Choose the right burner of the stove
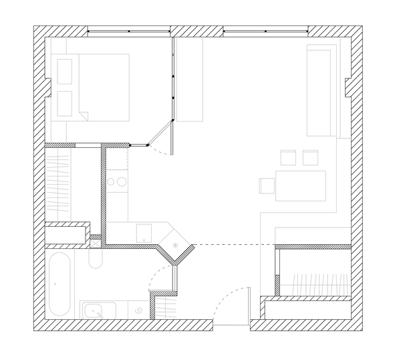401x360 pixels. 122,181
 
